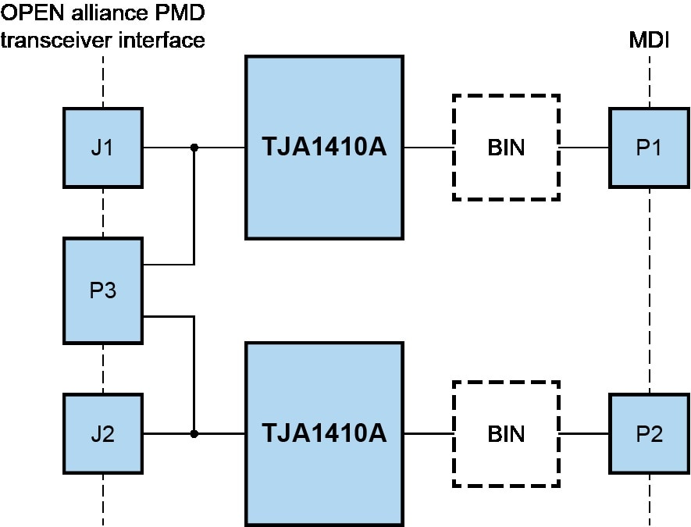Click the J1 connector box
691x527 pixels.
(x=102, y=147)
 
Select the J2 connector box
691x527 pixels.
(x=102, y=433)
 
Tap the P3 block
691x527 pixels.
(x=102, y=290)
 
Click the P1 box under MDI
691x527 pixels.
(x=649, y=147)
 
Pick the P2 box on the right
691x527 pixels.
(x=649, y=433)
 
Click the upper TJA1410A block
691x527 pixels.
(x=324, y=147)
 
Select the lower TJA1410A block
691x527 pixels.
(x=324, y=433)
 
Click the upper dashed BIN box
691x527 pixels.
(x=506, y=147)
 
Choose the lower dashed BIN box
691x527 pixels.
(x=506, y=433)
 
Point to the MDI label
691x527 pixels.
(x=649, y=40)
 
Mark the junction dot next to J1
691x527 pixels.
(x=194, y=147)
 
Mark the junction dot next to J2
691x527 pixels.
(x=194, y=433)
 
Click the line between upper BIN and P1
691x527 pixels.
(x=585, y=147)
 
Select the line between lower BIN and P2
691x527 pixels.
(x=585, y=433)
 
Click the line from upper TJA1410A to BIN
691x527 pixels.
(x=428, y=147)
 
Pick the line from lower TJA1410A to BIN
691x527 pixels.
(x=428, y=433)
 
